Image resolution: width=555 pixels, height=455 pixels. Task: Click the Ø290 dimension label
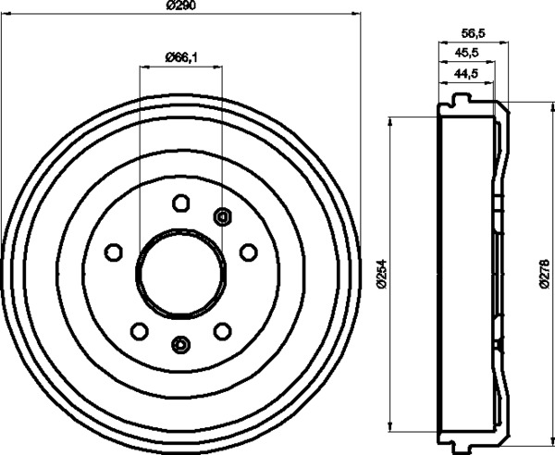(180, 5)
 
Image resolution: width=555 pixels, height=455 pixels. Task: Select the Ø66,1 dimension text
(181, 57)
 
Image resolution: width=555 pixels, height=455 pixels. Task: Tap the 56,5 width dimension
(474, 33)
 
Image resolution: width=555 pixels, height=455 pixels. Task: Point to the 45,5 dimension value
(466, 53)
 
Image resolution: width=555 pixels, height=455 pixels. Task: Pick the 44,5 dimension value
(466, 73)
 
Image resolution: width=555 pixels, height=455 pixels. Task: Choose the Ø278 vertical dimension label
(545, 275)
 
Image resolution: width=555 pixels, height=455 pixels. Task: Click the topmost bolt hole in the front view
(181, 203)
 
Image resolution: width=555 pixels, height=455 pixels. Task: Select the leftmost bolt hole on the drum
(114, 252)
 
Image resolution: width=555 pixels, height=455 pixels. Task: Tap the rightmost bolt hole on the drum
(249, 252)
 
